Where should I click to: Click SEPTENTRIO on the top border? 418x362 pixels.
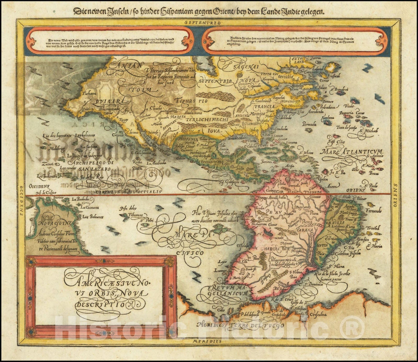(x=202, y=23)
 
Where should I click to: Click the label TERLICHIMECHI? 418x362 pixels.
(x=206, y=119)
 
